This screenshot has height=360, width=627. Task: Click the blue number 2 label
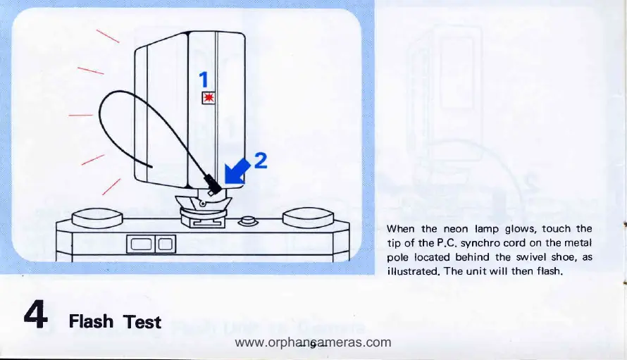(x=260, y=161)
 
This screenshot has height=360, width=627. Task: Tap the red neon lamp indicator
(x=207, y=98)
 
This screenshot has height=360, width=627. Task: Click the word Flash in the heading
(x=92, y=322)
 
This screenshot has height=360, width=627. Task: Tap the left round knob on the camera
(x=97, y=216)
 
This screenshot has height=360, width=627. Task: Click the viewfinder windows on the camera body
(x=150, y=245)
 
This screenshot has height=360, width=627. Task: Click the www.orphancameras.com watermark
(x=312, y=343)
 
